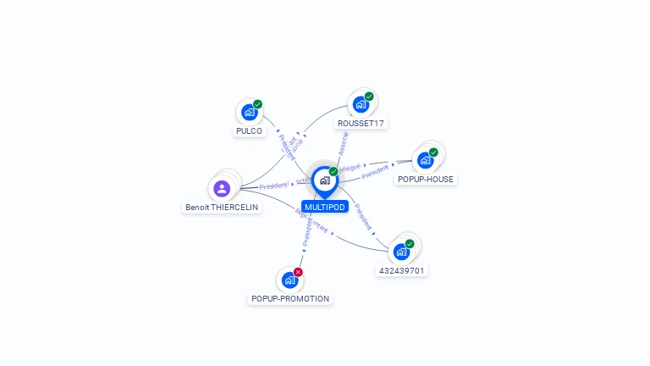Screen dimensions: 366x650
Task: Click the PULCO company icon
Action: tap(249, 112)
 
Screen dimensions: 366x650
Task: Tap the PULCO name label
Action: tap(249, 131)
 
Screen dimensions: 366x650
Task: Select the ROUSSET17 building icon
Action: tap(361, 104)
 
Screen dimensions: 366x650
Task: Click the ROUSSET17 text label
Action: tap(361, 124)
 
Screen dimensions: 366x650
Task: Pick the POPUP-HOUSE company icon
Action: tap(425, 159)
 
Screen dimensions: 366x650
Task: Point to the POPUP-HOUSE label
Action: tap(425, 180)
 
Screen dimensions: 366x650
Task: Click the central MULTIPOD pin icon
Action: tap(324, 180)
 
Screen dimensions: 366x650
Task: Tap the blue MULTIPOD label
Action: tap(325, 207)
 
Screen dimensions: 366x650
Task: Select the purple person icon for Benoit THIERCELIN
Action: tap(222, 188)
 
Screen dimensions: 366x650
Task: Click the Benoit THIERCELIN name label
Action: tap(222, 208)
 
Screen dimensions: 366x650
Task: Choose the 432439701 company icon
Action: tap(401, 252)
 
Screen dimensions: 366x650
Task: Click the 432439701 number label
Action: tap(401, 271)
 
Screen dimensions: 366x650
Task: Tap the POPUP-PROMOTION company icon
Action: tap(290, 280)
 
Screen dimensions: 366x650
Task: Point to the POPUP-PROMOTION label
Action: tap(290, 299)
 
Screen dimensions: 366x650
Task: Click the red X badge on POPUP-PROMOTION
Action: tap(298, 272)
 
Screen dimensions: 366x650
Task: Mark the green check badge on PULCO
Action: tap(257, 104)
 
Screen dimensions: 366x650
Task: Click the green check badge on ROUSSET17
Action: tap(369, 97)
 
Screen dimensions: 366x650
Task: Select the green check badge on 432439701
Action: tap(410, 244)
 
